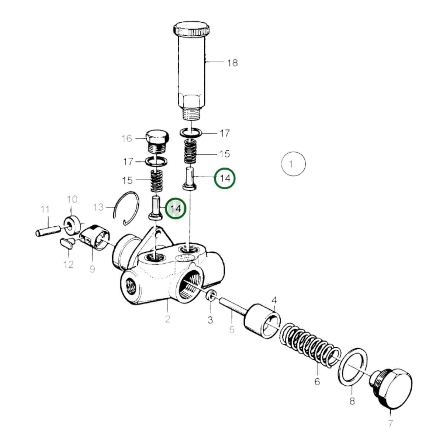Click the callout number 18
232,63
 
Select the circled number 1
293,164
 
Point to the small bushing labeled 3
211,295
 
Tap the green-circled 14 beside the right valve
225,178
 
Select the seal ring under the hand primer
191,132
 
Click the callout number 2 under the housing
167,319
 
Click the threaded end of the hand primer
191,113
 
